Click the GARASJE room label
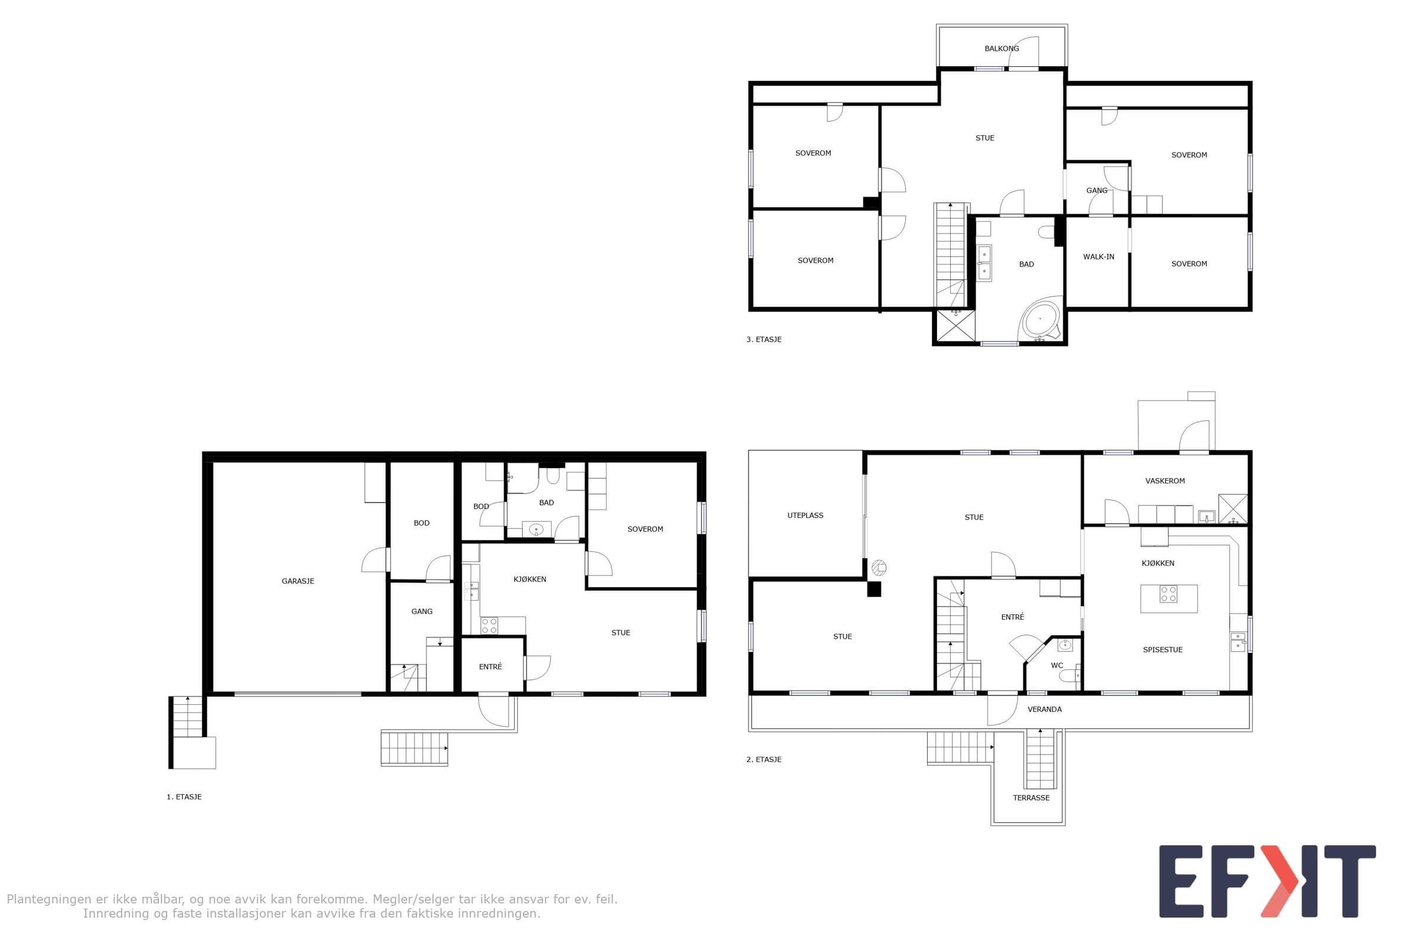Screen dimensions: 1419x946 point(297,581)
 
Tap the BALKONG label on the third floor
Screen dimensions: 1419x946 point(1002,48)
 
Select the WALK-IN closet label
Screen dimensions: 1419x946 point(1098,257)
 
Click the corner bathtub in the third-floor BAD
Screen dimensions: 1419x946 point(1039,319)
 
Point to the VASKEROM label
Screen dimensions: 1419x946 point(1164,481)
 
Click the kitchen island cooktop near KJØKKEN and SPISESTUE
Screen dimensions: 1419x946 point(1168,594)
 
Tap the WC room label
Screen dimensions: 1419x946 point(1057,666)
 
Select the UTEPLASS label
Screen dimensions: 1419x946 point(805,515)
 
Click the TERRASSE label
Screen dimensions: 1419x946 point(1031,798)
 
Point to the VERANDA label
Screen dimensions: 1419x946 point(1044,710)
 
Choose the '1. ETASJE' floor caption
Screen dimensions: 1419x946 point(184,797)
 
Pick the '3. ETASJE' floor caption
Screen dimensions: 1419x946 point(764,339)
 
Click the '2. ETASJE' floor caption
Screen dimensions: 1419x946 point(764,760)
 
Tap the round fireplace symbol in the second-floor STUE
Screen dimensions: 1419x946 point(879,568)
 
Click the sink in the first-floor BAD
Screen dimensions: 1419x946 point(536,530)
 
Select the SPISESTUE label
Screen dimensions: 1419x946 point(1162,650)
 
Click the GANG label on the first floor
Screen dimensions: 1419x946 point(422,611)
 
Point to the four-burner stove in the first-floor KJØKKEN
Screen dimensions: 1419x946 point(490,626)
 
